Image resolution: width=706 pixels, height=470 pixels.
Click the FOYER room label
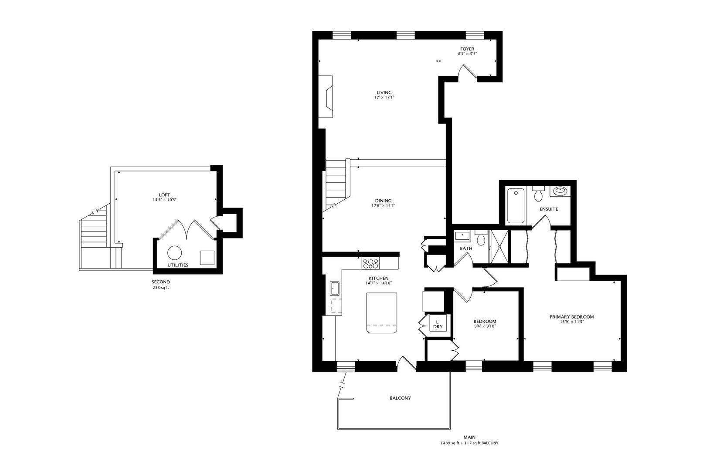(x=467, y=49)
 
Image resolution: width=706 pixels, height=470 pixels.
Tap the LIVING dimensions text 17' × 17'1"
(x=384, y=97)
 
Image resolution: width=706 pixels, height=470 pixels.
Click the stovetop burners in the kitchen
(x=371, y=263)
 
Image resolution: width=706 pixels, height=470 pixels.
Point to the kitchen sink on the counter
(x=335, y=289)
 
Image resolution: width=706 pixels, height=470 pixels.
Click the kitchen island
(x=382, y=312)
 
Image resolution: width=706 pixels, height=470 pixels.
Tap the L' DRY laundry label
(x=438, y=324)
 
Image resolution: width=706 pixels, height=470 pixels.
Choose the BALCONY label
(x=400, y=398)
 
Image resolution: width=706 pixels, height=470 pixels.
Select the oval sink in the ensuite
(x=560, y=191)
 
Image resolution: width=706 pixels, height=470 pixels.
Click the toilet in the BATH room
(x=481, y=239)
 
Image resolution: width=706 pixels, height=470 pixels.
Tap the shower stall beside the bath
(x=499, y=247)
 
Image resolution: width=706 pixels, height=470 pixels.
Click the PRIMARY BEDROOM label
(x=571, y=317)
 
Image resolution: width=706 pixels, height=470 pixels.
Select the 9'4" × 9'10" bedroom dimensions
(x=485, y=326)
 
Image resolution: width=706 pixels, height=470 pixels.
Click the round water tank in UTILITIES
(x=175, y=253)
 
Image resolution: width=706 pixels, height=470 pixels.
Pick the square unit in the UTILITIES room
(x=207, y=258)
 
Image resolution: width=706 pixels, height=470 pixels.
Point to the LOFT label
(x=164, y=195)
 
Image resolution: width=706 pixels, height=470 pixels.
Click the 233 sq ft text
(x=161, y=288)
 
